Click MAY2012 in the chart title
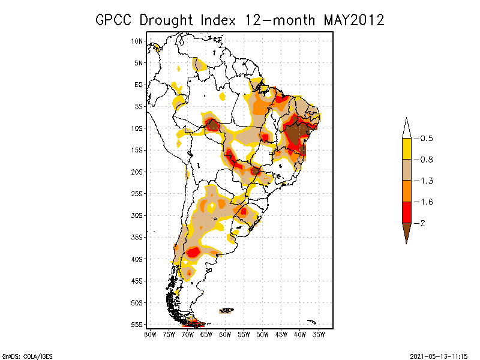354,20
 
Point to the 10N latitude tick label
137,41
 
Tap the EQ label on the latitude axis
138,85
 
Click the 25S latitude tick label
137,193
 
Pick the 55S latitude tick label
137,324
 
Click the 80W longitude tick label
150,334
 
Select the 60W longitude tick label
225,334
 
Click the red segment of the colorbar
406,212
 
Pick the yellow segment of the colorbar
406,149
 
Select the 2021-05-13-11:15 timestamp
438,355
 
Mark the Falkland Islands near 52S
227,310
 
